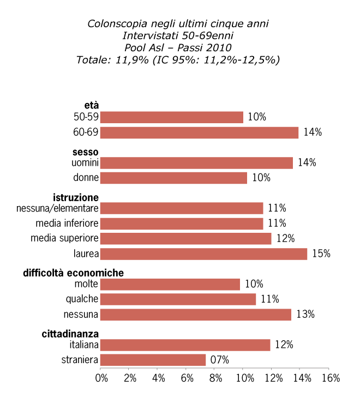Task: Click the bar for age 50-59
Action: [172, 117]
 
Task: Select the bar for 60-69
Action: [200, 132]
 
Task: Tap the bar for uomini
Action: [197, 162]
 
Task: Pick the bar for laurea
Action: [204, 254]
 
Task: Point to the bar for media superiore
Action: [186, 239]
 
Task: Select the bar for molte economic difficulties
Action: [170, 284]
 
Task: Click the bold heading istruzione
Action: [76, 197]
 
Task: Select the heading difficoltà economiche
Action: [73, 273]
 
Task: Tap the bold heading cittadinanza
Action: [70, 334]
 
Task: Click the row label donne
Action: [86, 178]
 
